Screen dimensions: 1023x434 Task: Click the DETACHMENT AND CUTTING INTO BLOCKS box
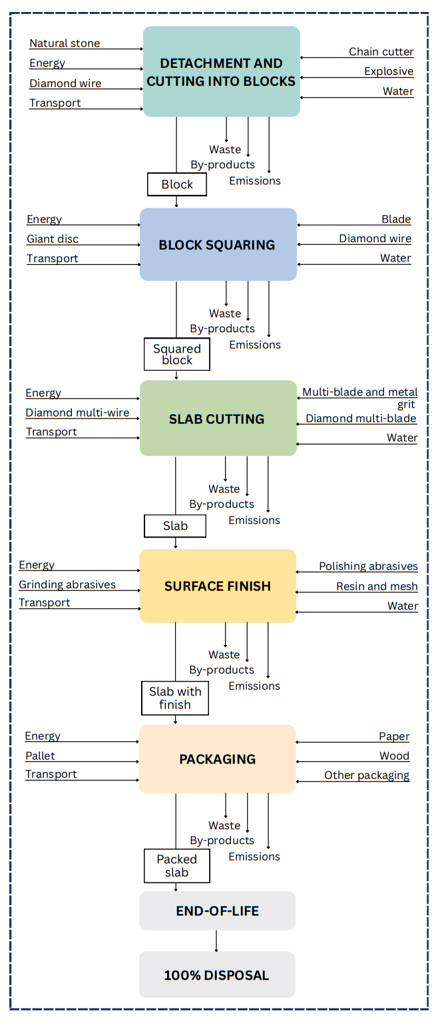(221, 72)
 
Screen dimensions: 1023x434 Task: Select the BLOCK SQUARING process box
(217, 245)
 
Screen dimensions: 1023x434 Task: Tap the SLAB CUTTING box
(217, 419)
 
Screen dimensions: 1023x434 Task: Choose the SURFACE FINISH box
(217, 586)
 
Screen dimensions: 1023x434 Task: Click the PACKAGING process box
(217, 759)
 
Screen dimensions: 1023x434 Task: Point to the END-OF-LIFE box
(217, 911)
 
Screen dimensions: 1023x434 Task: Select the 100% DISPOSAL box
(217, 975)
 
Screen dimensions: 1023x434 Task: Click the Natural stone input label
(65, 43)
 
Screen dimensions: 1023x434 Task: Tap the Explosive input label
(389, 71)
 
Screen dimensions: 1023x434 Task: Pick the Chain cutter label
(381, 51)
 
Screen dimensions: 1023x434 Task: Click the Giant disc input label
(53, 238)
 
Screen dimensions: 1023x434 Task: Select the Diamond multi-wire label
(77, 413)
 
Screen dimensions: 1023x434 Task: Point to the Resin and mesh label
(377, 586)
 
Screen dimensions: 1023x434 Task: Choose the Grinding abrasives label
(67, 584)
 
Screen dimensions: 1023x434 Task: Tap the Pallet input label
(40, 755)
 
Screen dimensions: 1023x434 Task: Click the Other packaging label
(367, 775)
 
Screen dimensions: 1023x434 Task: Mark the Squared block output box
(177, 354)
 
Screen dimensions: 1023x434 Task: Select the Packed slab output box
(177, 865)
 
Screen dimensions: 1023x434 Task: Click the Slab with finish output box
(175, 698)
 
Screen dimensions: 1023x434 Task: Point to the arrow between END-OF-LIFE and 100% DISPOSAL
(216, 940)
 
